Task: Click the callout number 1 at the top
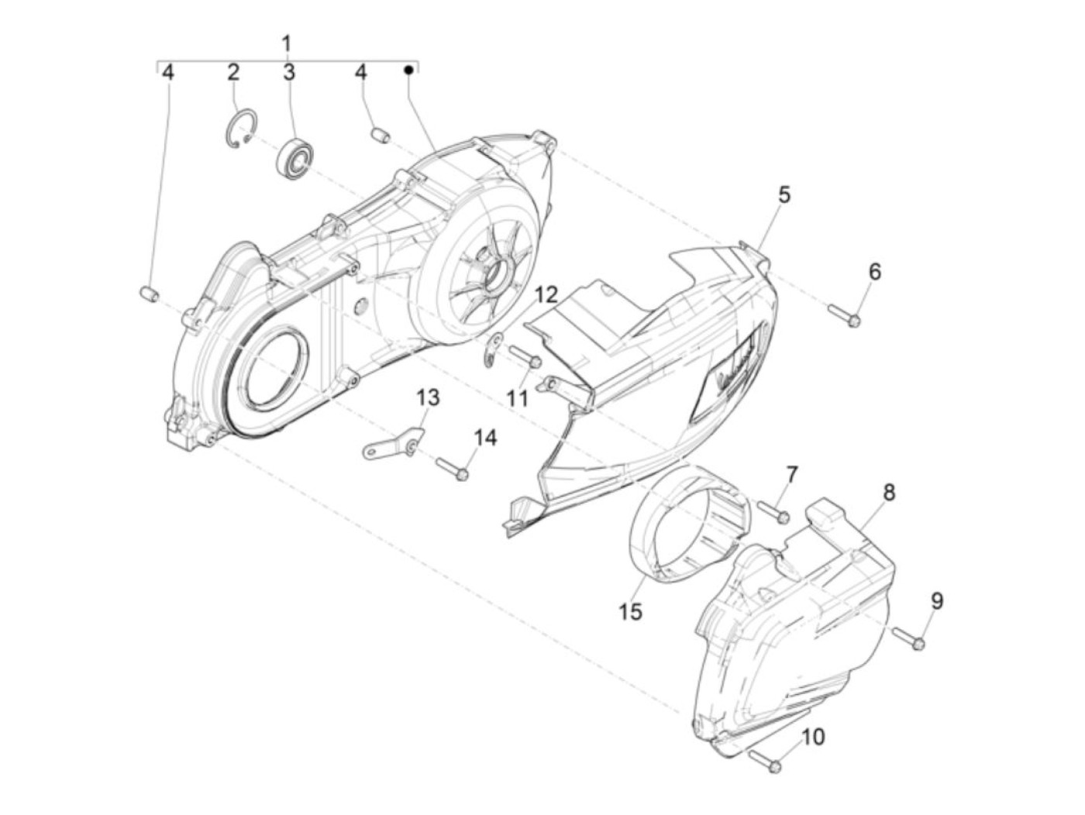286,43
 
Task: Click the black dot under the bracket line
408,70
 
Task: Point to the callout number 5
784,195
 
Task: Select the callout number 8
889,492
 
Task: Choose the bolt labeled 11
525,357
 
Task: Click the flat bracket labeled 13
391,446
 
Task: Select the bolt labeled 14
453,468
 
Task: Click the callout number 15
630,611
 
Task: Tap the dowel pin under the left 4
150,294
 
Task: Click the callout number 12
546,294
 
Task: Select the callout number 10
812,737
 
